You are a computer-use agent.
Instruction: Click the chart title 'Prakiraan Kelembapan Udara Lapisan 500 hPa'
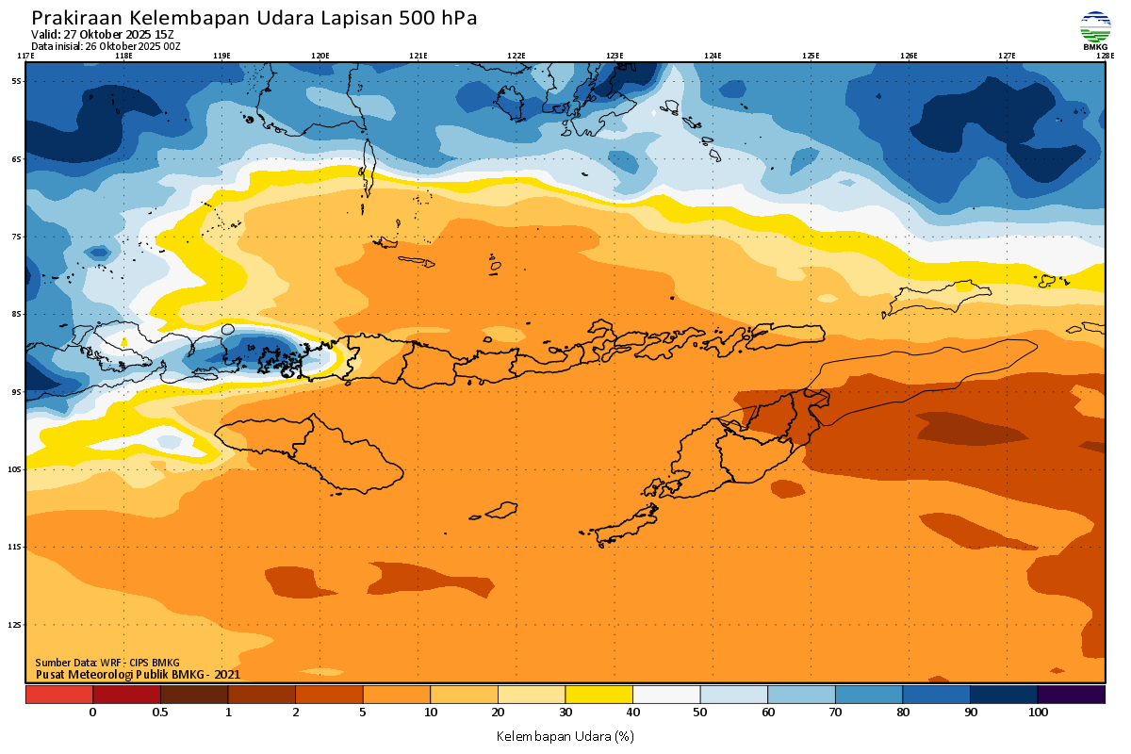pyautogui.click(x=254, y=18)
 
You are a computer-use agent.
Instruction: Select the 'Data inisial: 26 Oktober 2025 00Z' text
pyautogui.click(x=106, y=46)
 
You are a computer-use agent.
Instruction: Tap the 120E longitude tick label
pyautogui.click(x=320, y=56)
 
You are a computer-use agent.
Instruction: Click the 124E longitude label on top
pyautogui.click(x=713, y=56)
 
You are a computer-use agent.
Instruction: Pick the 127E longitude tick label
pyautogui.click(x=1007, y=56)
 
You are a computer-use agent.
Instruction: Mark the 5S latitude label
pyautogui.click(x=16, y=81)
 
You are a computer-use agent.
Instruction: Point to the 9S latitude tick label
pyautogui.click(x=16, y=391)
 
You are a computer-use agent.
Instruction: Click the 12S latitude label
pyautogui.click(x=15, y=624)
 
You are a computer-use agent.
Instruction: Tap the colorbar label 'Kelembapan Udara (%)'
pyautogui.click(x=565, y=735)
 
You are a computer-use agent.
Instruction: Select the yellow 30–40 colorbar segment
pyautogui.click(x=598, y=695)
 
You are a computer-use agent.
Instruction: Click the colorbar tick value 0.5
pyautogui.click(x=160, y=713)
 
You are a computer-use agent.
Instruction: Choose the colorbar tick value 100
pyautogui.click(x=1038, y=713)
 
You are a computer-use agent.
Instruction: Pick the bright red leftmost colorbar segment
pyautogui.click(x=59, y=695)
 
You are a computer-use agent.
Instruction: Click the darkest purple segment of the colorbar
pyautogui.click(x=1072, y=695)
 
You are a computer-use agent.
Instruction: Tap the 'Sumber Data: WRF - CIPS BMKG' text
pyautogui.click(x=107, y=663)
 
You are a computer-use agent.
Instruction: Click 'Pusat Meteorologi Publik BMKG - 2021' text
pyautogui.click(x=138, y=674)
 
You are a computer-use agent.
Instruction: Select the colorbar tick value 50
pyautogui.click(x=700, y=713)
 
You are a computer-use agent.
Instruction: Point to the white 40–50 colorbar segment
pyautogui.click(x=666, y=695)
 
